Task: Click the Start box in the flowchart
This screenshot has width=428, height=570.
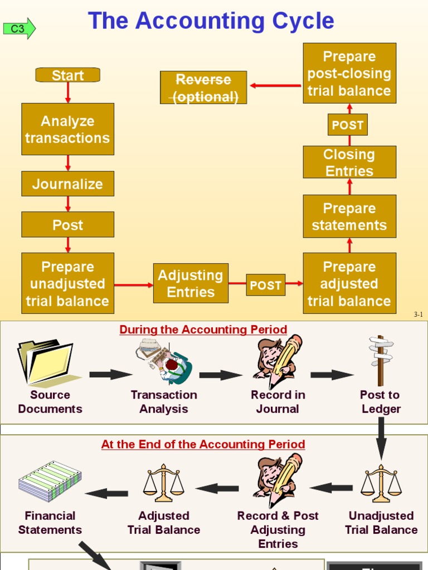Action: point(67,75)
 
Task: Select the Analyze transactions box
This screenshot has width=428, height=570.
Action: point(67,129)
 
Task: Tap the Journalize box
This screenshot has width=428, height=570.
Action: point(67,184)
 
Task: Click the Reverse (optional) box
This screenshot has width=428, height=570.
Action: point(203,87)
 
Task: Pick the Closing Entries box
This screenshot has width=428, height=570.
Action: point(349,162)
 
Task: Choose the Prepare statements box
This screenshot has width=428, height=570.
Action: point(349,217)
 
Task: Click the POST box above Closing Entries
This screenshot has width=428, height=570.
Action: point(347,125)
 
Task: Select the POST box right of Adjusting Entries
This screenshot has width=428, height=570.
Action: point(265,285)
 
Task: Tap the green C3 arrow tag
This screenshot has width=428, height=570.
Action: point(19,28)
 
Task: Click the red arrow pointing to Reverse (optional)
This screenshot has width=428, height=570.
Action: point(275,86)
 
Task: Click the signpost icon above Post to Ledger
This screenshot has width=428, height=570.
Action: point(380,360)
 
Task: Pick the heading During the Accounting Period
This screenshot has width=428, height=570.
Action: point(203,330)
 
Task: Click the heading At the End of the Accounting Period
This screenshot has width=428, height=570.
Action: point(203,444)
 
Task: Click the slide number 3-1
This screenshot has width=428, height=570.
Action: point(418,315)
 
